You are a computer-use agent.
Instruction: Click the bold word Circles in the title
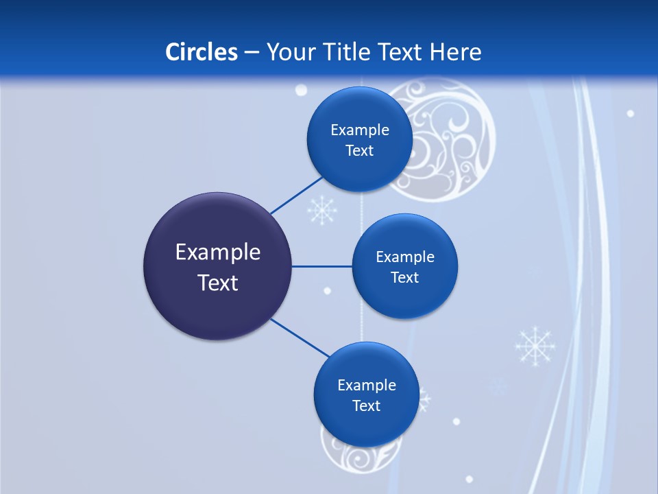pos(201,52)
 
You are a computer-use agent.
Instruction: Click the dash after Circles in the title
pos(252,53)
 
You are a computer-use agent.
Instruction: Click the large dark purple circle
pos(217,266)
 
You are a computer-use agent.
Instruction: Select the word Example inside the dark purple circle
pos(218,252)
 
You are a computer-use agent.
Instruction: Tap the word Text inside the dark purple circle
pos(218,282)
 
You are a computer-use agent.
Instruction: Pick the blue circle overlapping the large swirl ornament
pos(359,139)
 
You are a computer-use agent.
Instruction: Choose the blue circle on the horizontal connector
pos(404,266)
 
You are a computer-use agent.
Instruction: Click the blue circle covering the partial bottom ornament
pos(366,395)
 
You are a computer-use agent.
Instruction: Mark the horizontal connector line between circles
pos(321,266)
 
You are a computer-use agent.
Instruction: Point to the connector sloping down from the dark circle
pos(300,338)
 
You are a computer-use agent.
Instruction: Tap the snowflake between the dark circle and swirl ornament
pos(321,210)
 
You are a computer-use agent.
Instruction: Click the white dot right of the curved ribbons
pos(630,113)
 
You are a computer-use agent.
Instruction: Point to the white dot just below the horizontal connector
pos(327,291)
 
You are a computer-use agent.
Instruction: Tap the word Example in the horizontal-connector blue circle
pos(404,257)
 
